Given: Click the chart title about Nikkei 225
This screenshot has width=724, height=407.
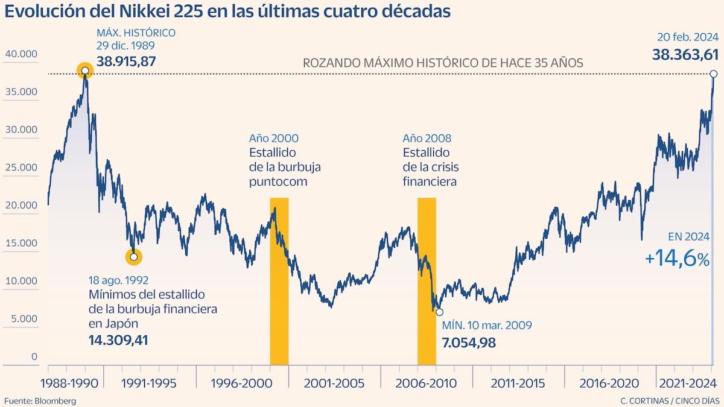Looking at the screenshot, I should tap(227, 11).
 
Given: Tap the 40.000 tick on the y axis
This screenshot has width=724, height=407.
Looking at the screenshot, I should tap(21, 54).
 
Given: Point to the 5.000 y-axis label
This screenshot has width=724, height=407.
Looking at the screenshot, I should tap(24, 319).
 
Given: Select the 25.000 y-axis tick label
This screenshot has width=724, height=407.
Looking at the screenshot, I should tap(21, 168).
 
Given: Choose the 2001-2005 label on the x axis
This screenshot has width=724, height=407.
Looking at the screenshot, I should tap(334, 383).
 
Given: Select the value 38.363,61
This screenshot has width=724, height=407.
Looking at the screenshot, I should tap(685, 55).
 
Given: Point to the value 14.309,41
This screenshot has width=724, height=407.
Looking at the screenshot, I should tap(119, 340).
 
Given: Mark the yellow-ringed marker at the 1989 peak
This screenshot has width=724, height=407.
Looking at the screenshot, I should tap(85, 71).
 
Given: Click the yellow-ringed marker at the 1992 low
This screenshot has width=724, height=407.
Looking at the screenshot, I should tap(133, 257).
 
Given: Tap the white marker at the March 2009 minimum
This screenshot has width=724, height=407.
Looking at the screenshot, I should tap(439, 312).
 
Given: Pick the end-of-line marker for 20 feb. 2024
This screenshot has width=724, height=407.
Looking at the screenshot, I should tap(713, 74).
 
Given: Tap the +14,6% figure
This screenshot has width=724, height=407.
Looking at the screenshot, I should tap(678, 259).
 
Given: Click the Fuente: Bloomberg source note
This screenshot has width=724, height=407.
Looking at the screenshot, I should tap(40, 401).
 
